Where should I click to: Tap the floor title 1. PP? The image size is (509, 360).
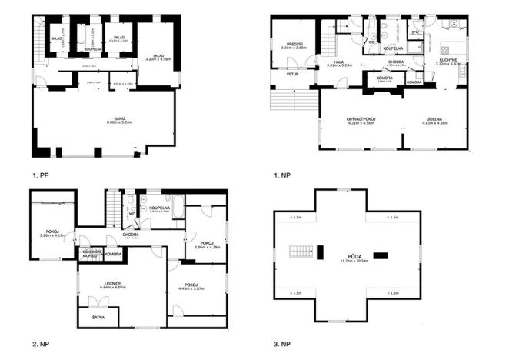pyautogui.click(x=41, y=175)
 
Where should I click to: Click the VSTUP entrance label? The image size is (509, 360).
pyautogui.click(x=292, y=75)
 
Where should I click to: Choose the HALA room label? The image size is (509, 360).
pyautogui.click(x=338, y=62)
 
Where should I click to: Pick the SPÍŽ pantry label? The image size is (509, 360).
pyautogui.click(x=415, y=32)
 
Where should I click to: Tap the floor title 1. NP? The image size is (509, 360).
pyautogui.click(x=282, y=175)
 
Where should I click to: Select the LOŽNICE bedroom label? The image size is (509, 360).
pyautogui.click(x=102, y=284)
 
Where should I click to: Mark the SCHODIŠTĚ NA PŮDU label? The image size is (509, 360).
pyautogui.click(x=86, y=252)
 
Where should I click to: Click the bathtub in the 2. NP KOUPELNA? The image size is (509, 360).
pyautogui.click(x=175, y=206)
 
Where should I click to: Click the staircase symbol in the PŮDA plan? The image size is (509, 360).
pyautogui.click(x=300, y=251)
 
